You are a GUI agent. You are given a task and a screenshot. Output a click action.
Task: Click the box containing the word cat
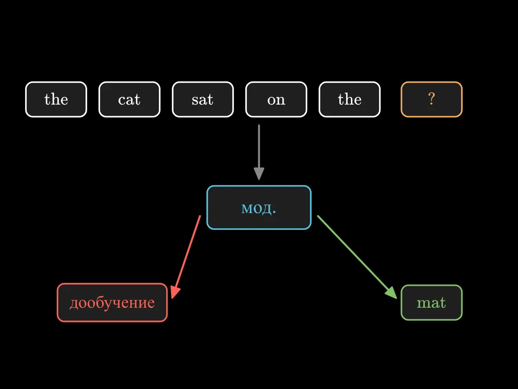click(129, 99)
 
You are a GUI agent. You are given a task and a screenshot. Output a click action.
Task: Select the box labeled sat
click(203, 99)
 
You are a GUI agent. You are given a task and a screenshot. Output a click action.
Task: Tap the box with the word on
click(276, 99)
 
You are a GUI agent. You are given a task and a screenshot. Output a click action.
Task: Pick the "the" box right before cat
click(56, 99)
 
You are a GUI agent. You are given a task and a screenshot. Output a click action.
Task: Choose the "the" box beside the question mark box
click(350, 99)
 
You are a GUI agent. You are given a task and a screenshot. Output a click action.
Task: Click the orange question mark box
click(431, 99)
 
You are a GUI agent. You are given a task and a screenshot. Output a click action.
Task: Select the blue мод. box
click(259, 207)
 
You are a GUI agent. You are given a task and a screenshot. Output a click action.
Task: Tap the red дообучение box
click(112, 303)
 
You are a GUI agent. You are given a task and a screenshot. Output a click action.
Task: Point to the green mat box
click(431, 303)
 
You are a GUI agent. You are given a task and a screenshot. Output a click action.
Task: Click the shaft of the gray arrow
click(259, 147)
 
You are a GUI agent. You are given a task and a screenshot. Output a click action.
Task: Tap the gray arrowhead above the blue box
click(259, 174)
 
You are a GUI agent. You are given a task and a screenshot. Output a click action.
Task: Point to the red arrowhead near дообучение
click(175, 292)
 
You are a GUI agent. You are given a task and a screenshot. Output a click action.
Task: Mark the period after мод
click(274, 213)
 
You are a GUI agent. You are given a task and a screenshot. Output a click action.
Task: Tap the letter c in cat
click(122, 100)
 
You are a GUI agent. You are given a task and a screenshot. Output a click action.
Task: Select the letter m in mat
click(423, 303)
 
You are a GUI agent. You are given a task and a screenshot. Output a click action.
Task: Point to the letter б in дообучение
click(98, 301)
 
